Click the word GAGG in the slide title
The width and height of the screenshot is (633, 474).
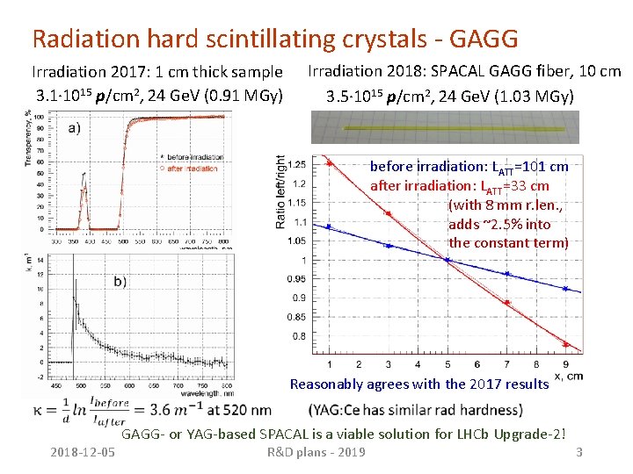483,39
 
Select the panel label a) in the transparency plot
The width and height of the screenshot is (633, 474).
74,127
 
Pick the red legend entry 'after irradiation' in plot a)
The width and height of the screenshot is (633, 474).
186,167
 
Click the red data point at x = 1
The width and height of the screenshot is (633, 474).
329,163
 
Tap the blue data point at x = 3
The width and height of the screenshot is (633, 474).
388,243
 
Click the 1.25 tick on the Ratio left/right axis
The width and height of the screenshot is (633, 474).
297,165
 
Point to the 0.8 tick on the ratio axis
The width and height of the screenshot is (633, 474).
300,336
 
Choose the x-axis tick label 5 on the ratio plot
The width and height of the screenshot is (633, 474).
447,364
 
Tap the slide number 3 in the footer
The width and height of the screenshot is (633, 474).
578,452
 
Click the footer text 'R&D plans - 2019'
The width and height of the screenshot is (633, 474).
316,452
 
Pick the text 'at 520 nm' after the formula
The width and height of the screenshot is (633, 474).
240,409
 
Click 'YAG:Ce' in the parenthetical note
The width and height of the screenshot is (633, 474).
338,410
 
